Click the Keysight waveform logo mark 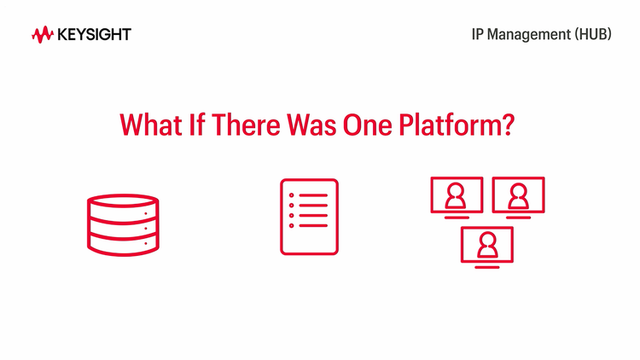pos(43,35)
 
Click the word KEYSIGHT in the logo pos(94,35)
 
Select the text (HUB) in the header pos(592,35)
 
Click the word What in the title pos(148,125)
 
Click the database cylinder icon pos(123,223)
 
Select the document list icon pos(309,217)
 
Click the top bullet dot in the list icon pos(292,196)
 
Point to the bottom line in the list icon pos(313,227)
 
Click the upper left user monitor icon pos(457,196)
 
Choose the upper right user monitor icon pos(518,196)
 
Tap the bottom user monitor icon pos(487,245)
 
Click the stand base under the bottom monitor pos(487,268)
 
